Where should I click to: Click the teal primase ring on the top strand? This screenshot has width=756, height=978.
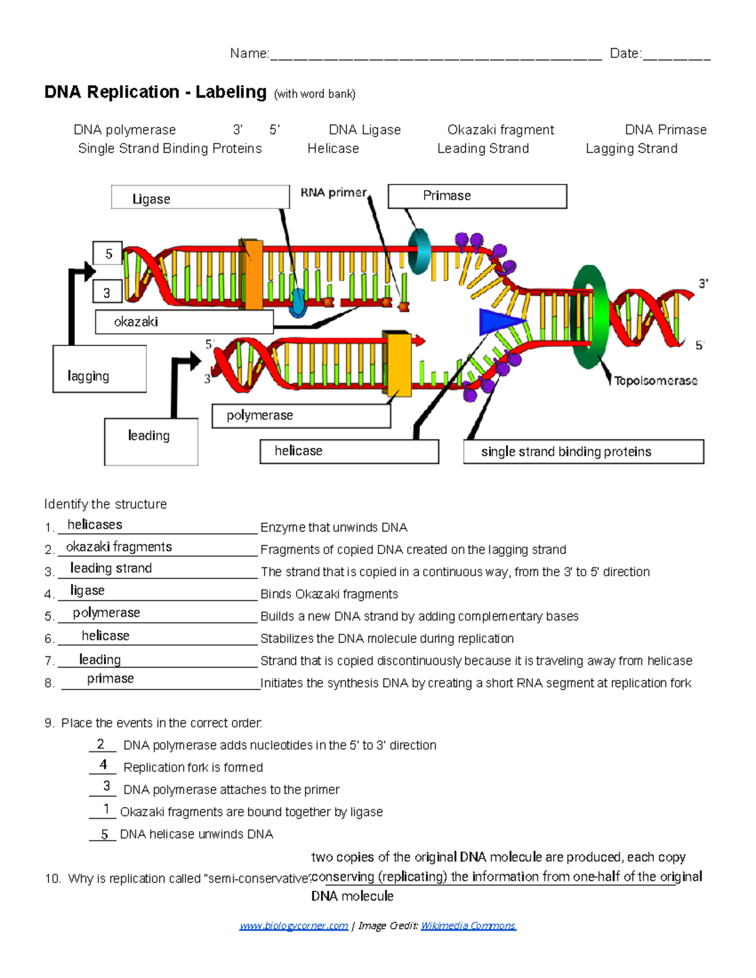[x=418, y=251]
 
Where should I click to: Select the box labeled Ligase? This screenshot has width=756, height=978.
[x=200, y=198]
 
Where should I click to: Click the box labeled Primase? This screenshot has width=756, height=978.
[x=477, y=196]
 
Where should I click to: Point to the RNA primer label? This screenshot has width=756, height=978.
[x=333, y=193]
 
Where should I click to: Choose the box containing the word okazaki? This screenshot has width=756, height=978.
[x=184, y=322]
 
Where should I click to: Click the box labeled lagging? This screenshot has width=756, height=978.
[x=100, y=369]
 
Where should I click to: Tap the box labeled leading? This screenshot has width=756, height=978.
[x=151, y=441]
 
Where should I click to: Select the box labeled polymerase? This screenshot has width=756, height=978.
[x=301, y=416]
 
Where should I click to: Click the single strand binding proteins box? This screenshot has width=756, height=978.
[x=583, y=452]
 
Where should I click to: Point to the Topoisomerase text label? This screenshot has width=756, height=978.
[x=655, y=380]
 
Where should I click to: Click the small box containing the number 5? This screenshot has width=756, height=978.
[x=108, y=254]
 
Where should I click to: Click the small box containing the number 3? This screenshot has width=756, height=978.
[x=108, y=293]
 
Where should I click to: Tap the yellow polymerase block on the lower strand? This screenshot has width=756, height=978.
[x=399, y=365]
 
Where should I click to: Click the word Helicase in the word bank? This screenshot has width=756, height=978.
[x=333, y=149]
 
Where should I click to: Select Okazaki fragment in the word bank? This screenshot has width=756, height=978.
[x=500, y=130]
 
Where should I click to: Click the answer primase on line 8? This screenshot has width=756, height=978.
[x=110, y=678]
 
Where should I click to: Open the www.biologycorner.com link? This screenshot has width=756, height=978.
[x=294, y=925]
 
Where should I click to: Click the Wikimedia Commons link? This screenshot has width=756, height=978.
[x=468, y=925]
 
